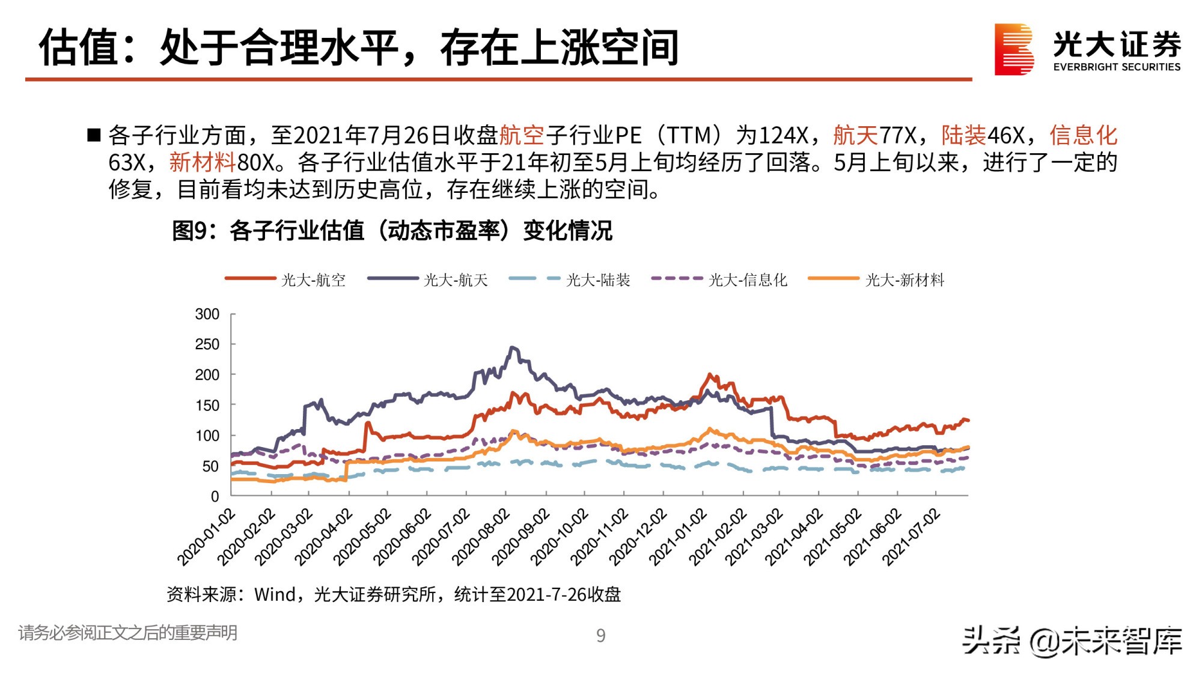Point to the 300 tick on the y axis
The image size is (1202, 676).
207,314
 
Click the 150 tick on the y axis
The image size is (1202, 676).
207,406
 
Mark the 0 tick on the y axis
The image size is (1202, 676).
215,496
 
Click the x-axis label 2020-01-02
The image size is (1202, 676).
206,537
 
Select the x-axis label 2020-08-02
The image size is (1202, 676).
481,537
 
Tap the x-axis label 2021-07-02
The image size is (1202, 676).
911,537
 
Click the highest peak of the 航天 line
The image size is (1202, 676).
512,347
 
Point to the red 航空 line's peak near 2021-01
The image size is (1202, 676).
710,374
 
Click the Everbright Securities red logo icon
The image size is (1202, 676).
1014,49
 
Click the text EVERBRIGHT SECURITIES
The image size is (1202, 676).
1117,67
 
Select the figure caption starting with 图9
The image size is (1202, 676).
392,231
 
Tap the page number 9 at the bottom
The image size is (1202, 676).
600,636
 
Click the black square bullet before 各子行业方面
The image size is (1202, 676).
94,135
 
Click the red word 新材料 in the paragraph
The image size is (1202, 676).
202,162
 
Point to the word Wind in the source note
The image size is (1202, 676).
275,595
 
